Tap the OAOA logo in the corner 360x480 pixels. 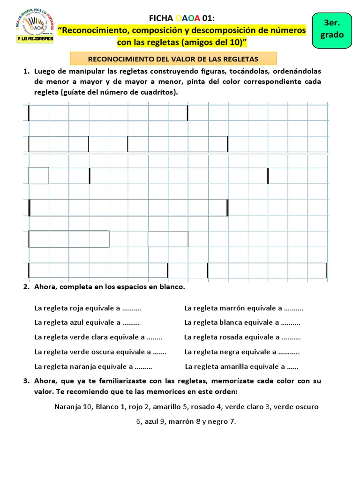[34, 27]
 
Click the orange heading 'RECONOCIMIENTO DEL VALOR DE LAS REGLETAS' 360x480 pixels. [173, 59]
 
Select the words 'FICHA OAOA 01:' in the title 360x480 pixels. [181, 18]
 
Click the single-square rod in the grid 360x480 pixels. [38, 176]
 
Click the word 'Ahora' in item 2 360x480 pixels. [45, 286]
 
